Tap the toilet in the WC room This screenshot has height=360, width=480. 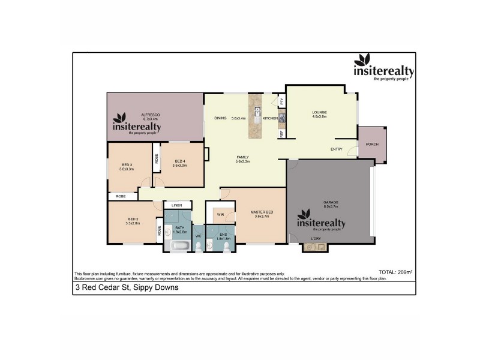click(x=198, y=246)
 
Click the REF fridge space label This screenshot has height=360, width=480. click(x=281, y=134)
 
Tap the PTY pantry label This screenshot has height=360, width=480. click(x=281, y=101)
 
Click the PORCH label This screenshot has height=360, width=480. click(x=373, y=144)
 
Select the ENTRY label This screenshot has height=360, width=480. click(x=337, y=149)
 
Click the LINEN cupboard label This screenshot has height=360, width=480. click(x=176, y=206)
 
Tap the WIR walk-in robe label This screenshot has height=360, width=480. click(x=221, y=214)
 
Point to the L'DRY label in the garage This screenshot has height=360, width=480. click(x=316, y=239)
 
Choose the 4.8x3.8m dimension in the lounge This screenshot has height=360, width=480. click(x=319, y=116)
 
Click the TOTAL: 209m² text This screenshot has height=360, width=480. click(x=395, y=272)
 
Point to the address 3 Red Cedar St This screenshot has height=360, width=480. click(x=127, y=287)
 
